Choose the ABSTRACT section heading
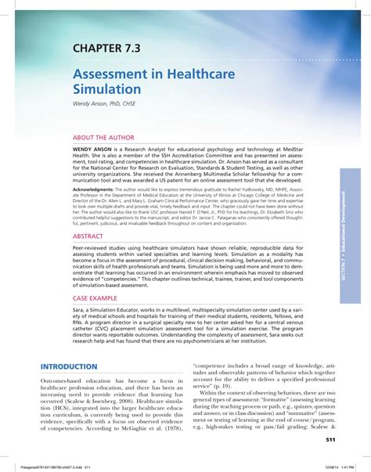point(88,235)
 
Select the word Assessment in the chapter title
point(113,72)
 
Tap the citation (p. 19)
point(224,386)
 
